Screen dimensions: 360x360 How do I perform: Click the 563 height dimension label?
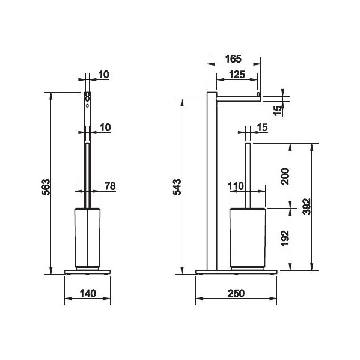[x=46, y=187]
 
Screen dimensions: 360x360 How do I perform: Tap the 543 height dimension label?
[x=177, y=187]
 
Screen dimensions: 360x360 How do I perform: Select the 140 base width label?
[x=88, y=293]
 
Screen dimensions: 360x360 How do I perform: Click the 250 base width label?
[x=236, y=293]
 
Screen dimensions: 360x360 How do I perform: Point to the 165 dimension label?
[x=233, y=59]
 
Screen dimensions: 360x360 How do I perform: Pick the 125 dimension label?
[x=237, y=75]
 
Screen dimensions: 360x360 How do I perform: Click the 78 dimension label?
[x=110, y=186]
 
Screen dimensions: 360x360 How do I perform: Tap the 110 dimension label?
[x=236, y=186]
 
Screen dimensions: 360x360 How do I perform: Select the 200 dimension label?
[x=285, y=176]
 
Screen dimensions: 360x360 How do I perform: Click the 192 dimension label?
[x=285, y=239]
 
